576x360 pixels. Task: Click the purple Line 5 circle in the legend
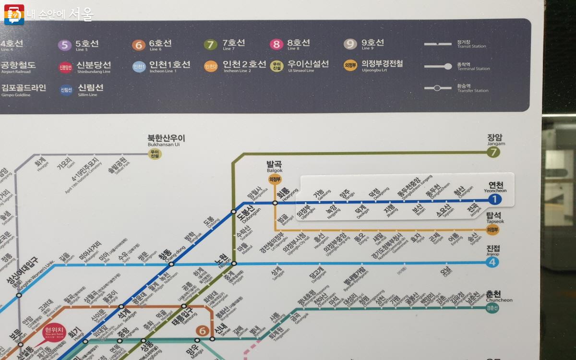(x=64, y=45)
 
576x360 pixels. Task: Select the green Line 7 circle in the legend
(x=210, y=45)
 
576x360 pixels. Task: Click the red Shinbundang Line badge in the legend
(x=65, y=67)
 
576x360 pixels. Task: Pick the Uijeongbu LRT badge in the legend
(x=350, y=66)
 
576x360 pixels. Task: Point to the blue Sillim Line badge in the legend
(x=66, y=89)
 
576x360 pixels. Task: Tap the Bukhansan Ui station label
(x=166, y=140)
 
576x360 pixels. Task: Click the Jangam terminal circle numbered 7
(x=493, y=153)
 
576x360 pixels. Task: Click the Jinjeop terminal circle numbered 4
(x=492, y=262)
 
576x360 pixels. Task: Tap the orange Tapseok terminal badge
(x=493, y=230)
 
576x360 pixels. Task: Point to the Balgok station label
(x=274, y=166)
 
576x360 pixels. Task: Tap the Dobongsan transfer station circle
(x=233, y=211)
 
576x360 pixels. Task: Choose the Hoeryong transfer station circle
(x=275, y=203)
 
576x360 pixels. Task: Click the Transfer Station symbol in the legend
(x=436, y=88)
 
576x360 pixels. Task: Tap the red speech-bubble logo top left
(x=14, y=15)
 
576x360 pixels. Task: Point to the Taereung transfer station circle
(x=183, y=306)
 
